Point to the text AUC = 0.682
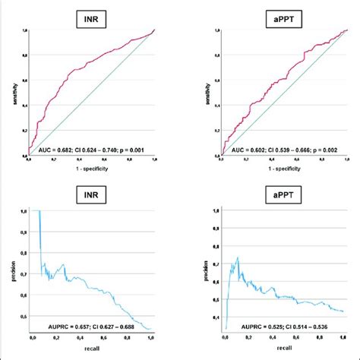pyautogui.click(x=55, y=151)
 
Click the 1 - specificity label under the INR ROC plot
pyautogui.click(x=90, y=169)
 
